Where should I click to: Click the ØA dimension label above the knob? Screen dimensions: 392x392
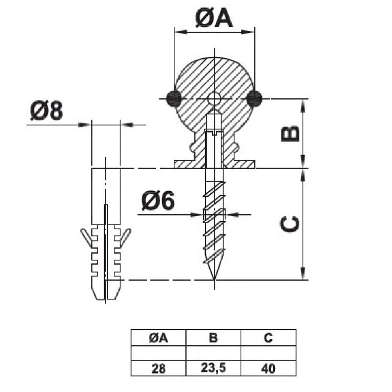[214, 18]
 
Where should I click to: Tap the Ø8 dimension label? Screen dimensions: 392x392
[46, 111]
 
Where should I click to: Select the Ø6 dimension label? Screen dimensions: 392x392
[158, 202]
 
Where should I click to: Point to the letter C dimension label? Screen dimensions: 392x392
[290, 224]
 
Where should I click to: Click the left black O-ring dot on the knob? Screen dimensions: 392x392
[174, 98]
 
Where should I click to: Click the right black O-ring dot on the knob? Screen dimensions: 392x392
[254, 98]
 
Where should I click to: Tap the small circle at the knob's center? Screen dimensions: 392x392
[214, 98]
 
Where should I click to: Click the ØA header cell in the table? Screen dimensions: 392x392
[158, 338]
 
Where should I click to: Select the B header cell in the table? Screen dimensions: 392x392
[213, 338]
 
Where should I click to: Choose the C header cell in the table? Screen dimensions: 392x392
[268, 338]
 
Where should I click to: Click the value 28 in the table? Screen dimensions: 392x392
[158, 368]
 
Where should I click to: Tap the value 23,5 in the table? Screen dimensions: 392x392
[213, 368]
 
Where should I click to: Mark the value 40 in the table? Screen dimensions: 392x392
[268, 368]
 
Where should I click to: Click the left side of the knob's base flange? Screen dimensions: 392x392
[184, 164]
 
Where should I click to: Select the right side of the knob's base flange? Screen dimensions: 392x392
[245, 164]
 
